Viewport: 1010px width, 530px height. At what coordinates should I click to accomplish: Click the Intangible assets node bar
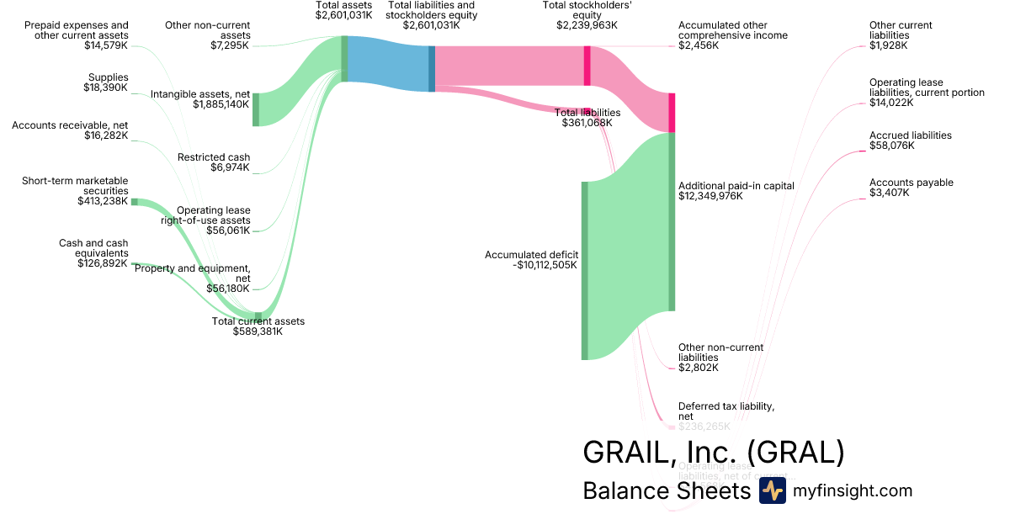256,109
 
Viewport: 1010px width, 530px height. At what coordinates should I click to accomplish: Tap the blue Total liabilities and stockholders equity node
432,68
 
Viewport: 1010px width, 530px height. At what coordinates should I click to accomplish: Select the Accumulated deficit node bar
584,270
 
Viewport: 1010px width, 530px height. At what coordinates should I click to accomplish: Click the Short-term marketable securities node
134,202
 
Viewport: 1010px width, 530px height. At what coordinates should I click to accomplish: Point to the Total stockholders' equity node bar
587,66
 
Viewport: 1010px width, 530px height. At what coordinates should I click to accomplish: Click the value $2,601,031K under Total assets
343,15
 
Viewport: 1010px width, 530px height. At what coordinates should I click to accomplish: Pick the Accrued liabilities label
911,135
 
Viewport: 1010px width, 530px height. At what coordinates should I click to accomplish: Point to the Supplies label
108,77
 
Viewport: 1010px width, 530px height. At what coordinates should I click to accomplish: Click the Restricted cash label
214,157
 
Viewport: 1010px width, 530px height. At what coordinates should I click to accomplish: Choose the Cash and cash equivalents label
93,248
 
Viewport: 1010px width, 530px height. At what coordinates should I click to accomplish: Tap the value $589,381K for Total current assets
258,331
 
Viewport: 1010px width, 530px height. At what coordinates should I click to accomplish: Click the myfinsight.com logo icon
772,491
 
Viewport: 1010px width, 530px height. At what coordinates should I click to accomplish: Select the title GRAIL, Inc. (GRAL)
713,453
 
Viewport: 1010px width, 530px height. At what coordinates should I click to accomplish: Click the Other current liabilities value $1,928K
889,45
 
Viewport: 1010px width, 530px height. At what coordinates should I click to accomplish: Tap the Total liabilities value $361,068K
587,123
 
